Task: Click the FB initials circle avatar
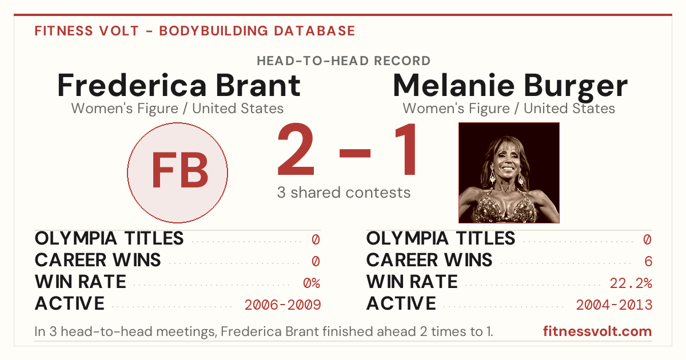click(177, 173)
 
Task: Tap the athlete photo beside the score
click(509, 173)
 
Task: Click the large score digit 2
click(296, 149)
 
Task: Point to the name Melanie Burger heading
click(510, 86)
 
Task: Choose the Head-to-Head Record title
click(344, 61)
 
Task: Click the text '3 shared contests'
click(344, 193)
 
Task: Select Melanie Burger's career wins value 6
click(648, 262)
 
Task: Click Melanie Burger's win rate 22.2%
click(631, 283)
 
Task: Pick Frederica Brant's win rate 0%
click(312, 283)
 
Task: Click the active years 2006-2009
click(282, 305)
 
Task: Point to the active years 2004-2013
click(614, 305)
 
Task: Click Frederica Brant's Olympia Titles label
click(109, 238)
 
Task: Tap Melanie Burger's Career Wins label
click(429, 260)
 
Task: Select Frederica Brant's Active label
click(70, 303)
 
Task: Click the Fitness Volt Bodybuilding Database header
click(195, 31)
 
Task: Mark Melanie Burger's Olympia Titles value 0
click(647, 239)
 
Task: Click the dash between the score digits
click(355, 153)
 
